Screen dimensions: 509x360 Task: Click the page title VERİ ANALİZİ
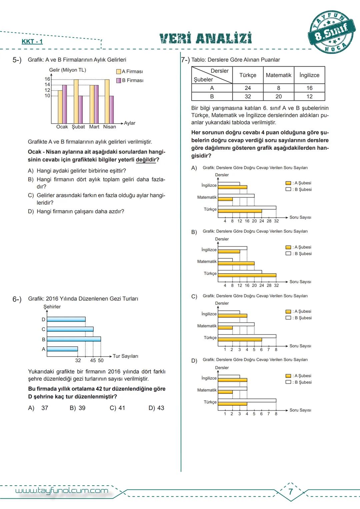coord(206,38)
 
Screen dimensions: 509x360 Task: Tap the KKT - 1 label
coord(32,42)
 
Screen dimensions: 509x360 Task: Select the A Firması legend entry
coord(130,71)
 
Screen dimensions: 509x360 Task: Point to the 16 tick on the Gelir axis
coord(47,79)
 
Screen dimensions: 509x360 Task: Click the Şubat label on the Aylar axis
coord(78,127)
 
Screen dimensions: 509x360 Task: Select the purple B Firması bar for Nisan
coord(111,110)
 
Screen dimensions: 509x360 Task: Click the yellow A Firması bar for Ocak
coord(60,107)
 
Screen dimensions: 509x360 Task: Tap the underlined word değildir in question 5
coord(146,160)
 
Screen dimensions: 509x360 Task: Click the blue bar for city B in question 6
coord(74,339)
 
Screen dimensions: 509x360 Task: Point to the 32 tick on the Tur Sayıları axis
coord(78,360)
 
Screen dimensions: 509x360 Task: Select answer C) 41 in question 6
coord(117,408)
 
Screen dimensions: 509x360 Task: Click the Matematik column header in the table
coord(278,75)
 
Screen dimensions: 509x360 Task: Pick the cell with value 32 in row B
coord(248,96)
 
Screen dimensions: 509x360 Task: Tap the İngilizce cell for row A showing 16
coord(309,88)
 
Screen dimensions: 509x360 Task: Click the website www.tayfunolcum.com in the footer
coord(62,491)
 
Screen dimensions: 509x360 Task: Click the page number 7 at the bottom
coord(291,492)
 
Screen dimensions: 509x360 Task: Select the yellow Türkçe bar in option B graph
coord(247,275)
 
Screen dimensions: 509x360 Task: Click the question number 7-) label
coord(185,60)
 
